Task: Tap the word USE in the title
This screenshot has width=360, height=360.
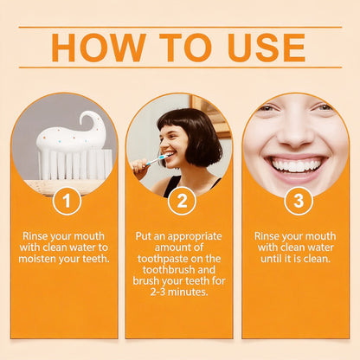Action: pos(267,48)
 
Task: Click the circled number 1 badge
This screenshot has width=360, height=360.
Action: pos(67,201)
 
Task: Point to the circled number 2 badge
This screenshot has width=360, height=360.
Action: pos(182,201)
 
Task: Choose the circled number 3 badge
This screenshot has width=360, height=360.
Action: pos(299,201)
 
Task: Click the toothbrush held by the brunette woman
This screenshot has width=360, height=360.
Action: pos(157,159)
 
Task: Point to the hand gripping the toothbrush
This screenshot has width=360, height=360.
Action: pos(140,168)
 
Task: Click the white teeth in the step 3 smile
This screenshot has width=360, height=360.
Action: pos(297,165)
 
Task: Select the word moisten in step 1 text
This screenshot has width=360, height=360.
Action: pos(37,259)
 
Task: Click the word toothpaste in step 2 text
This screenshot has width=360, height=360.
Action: pos(163,259)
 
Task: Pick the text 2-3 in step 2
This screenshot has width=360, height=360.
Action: pos(157,292)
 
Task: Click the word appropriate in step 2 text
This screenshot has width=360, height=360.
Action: pos(195,236)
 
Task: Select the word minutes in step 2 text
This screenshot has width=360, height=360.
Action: pos(188,292)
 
